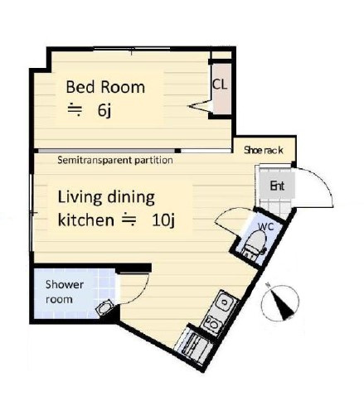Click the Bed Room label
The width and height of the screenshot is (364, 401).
(x=105, y=87)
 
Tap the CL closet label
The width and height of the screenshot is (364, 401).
(x=220, y=85)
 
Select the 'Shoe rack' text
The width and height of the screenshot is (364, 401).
(x=264, y=150)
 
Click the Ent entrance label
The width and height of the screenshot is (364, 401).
(x=277, y=186)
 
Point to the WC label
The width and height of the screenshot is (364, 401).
(x=265, y=226)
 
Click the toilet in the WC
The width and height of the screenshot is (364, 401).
(x=255, y=244)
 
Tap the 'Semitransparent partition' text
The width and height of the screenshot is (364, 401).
(x=115, y=160)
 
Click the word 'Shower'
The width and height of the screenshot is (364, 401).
(x=65, y=284)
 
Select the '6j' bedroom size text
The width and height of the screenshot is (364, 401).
(x=104, y=110)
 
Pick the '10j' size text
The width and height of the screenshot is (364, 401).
(x=163, y=220)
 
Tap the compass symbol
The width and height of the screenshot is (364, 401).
(x=280, y=303)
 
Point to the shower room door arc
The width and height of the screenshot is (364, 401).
(x=140, y=296)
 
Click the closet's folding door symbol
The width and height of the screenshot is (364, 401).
(x=201, y=106)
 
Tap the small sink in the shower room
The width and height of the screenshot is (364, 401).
(x=104, y=307)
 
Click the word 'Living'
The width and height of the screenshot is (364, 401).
(x=79, y=198)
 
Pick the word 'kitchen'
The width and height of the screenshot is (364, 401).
(x=85, y=220)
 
